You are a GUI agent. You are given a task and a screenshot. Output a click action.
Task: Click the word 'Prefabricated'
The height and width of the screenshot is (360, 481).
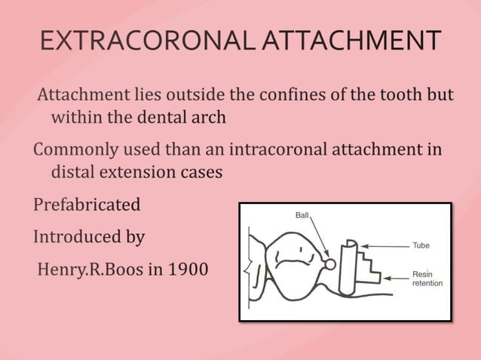pyautogui.click(x=87, y=205)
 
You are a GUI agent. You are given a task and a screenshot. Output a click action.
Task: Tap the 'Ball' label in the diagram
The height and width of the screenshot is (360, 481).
pyautogui.click(x=302, y=215)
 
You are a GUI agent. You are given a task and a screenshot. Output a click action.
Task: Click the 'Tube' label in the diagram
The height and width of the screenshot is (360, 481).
pyautogui.click(x=421, y=246)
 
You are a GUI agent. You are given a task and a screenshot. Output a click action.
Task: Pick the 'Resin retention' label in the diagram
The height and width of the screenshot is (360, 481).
pyautogui.click(x=427, y=279)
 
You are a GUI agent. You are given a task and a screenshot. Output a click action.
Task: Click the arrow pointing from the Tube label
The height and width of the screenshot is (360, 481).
pyautogui.click(x=385, y=246)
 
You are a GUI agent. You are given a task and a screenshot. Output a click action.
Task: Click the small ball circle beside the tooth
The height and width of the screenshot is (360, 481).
pyautogui.click(x=329, y=264)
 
